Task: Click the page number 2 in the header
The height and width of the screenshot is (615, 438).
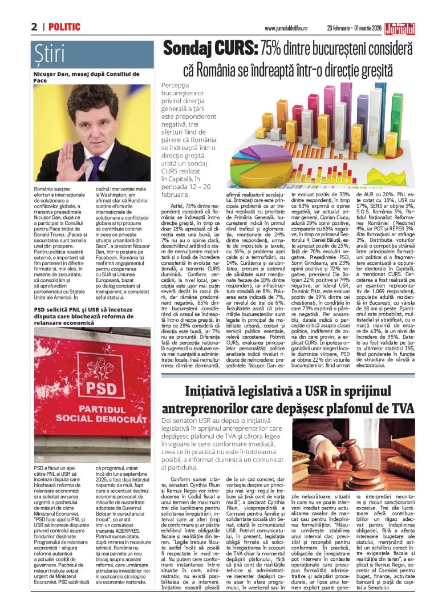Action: (x=34, y=27)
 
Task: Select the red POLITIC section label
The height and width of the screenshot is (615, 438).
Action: (x=64, y=27)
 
